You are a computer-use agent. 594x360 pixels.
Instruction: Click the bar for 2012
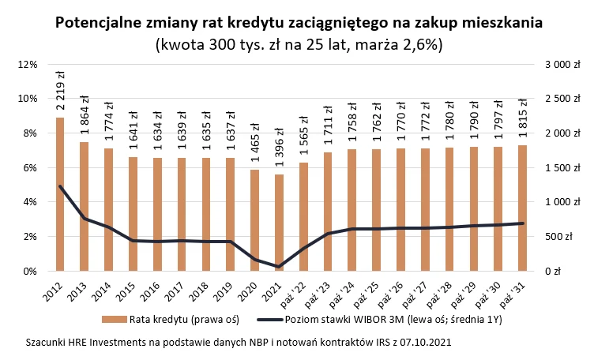(x=60, y=193)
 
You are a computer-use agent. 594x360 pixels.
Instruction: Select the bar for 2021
(x=279, y=222)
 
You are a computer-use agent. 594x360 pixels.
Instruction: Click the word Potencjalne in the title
(x=103, y=22)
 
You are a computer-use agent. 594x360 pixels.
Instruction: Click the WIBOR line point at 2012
(x=60, y=186)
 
